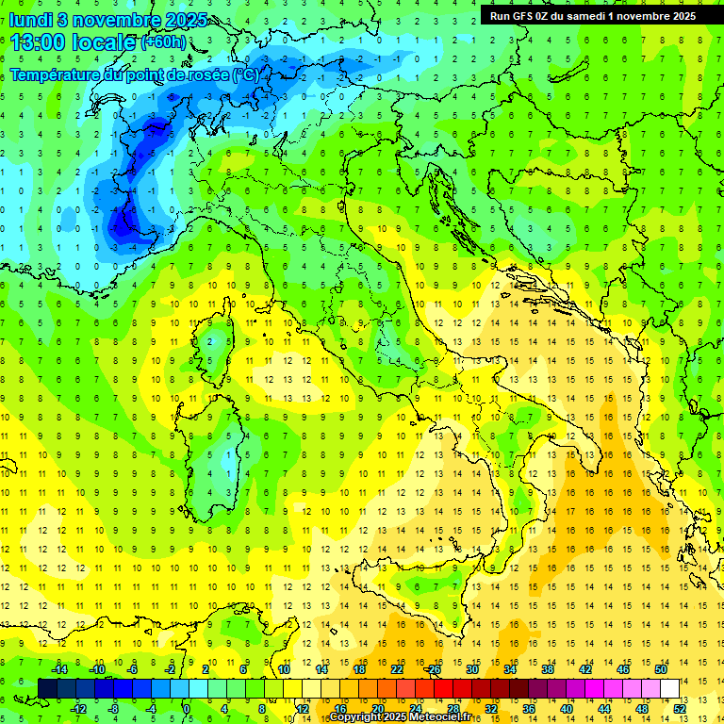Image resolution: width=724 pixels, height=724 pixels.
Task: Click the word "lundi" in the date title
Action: [x=31, y=19]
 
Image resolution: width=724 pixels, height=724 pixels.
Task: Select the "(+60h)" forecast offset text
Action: [x=163, y=42]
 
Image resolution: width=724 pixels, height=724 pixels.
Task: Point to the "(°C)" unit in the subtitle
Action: [x=244, y=74]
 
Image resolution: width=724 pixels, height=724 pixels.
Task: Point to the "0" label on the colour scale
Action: [x=188, y=708]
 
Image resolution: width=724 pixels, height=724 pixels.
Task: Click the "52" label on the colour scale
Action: [x=680, y=708]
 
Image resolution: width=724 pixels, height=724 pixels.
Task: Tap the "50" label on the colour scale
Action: [x=661, y=669]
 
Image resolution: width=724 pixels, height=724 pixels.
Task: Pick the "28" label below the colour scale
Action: [x=453, y=708]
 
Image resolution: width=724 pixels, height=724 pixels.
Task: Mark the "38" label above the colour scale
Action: [x=548, y=669]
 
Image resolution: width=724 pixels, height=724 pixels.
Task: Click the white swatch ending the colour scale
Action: [x=670, y=688]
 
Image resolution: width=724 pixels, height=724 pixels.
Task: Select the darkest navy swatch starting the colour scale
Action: [x=48, y=688]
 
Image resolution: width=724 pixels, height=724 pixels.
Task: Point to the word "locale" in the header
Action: [x=106, y=42]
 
